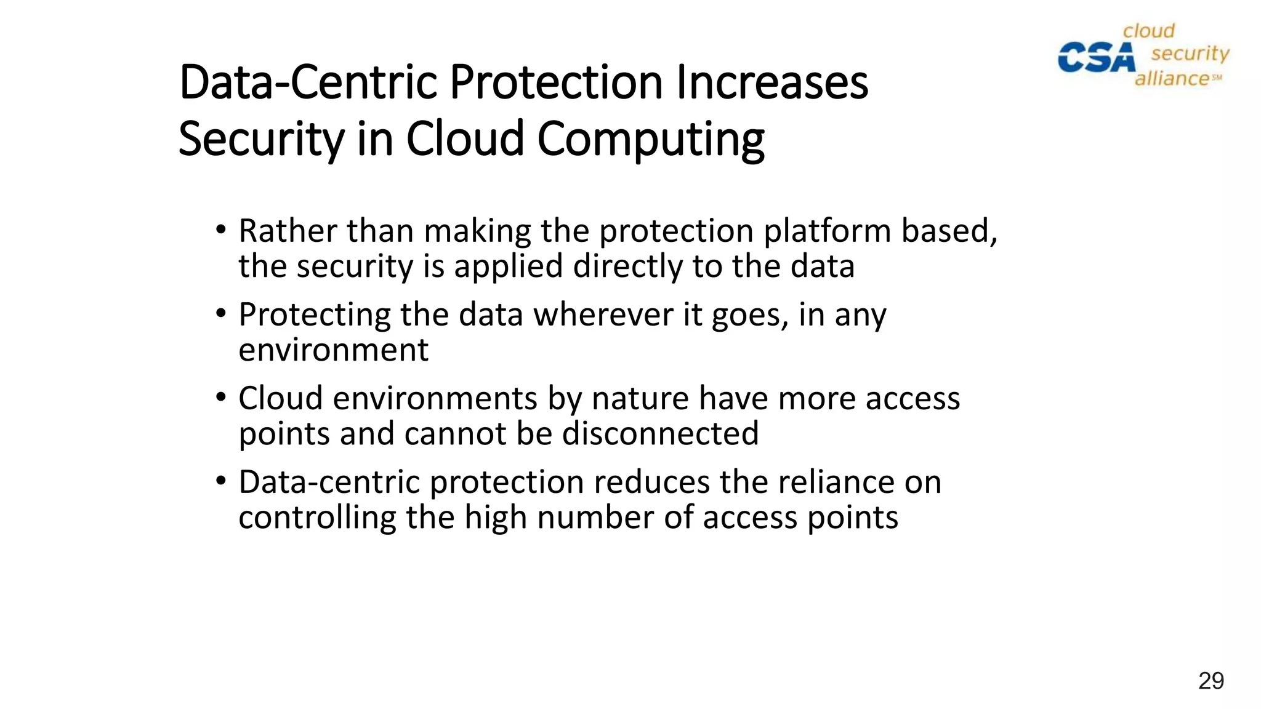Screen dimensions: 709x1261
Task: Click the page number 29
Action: pyautogui.click(x=1211, y=681)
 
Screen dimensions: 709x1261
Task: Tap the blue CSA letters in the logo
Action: pyautogui.click(x=1096, y=57)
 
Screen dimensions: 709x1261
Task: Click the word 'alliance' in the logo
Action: pyautogui.click(x=1172, y=79)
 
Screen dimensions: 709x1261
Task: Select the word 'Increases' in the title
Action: pyautogui.click(x=772, y=82)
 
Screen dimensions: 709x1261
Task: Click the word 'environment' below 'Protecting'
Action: pyautogui.click(x=333, y=351)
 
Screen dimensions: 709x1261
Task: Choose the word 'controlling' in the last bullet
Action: pyautogui.click(x=317, y=518)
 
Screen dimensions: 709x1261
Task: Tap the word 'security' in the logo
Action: pyautogui.click(x=1190, y=54)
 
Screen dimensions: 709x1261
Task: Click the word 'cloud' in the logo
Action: pyautogui.click(x=1149, y=31)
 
